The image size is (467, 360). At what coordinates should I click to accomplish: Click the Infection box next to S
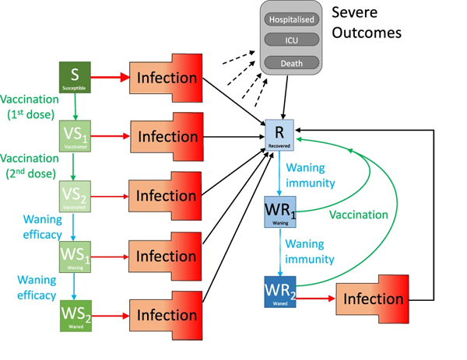tap(167, 77)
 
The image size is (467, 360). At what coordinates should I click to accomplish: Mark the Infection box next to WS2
tap(167, 316)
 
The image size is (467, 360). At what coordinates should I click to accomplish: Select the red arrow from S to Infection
tap(111, 78)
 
